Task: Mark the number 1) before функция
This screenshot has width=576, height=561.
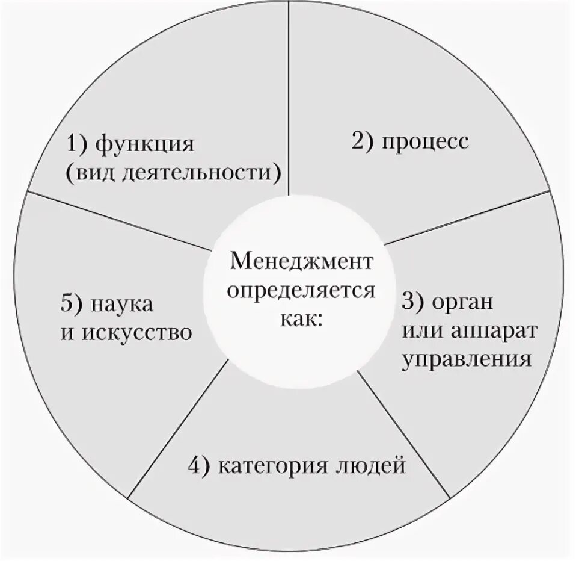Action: coord(78,146)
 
